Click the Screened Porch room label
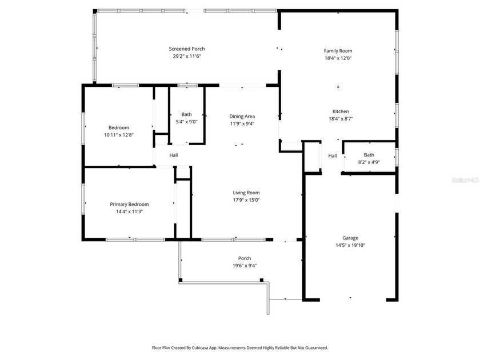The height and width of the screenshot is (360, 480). tap(186, 49)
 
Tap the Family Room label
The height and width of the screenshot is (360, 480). tap(338, 51)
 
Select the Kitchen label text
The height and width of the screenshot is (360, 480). tap(341, 111)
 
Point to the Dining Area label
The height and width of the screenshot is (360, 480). tap(242, 116)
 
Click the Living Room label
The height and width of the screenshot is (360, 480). tap(246, 193)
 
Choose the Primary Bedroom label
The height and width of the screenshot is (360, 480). tap(129, 204)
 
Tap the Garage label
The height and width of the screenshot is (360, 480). tap(350, 238)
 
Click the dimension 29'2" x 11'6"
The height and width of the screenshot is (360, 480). tap(186, 57)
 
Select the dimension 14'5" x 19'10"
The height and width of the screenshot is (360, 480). tap(350, 245)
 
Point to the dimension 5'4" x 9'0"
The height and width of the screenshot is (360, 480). tap(186, 122)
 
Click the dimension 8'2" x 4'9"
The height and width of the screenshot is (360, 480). tap(369, 162)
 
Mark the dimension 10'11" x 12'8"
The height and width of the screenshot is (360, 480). tap(119, 135)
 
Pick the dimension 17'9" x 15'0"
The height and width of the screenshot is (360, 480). tap(246, 200)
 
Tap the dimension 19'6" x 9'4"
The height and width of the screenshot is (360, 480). tap(244, 266)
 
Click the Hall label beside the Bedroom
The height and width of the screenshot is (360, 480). tap(173, 155)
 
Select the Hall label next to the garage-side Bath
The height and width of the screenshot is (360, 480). tap(332, 155)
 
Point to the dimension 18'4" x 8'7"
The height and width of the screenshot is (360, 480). tap(341, 119)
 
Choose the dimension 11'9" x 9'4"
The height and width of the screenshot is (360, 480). tap(242, 123)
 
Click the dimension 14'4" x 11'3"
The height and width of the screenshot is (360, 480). tap(129, 211)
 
